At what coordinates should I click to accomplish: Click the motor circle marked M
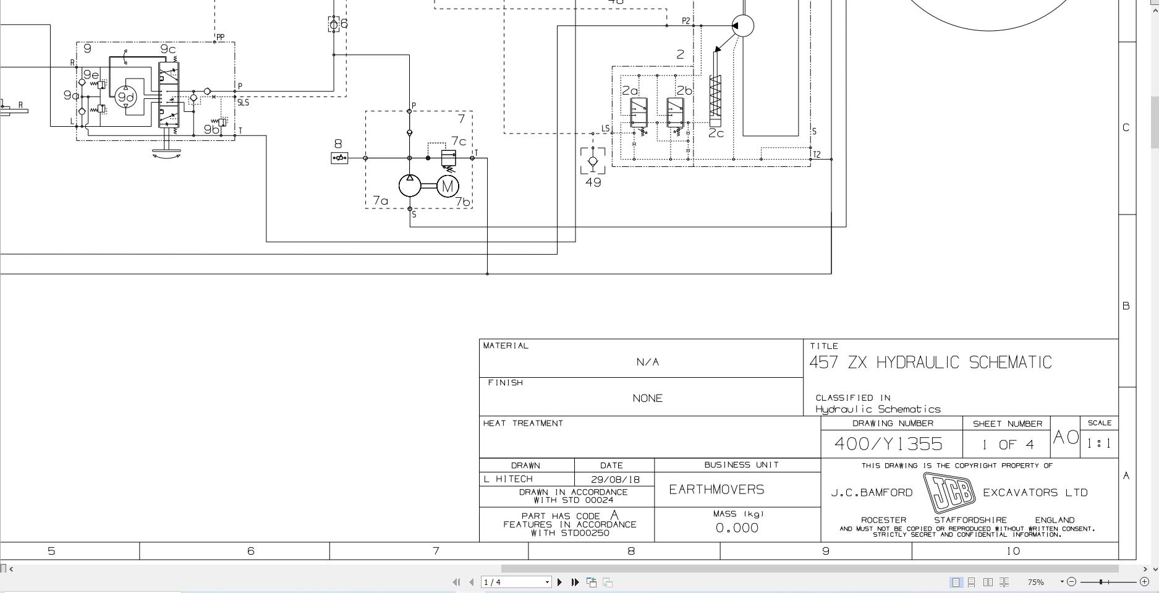(x=448, y=186)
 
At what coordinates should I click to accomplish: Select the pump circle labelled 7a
(x=409, y=186)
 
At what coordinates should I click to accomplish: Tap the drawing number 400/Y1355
(x=888, y=443)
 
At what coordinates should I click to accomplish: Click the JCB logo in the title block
(x=948, y=492)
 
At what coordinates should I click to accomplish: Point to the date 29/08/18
(x=614, y=479)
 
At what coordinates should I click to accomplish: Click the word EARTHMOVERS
(x=716, y=490)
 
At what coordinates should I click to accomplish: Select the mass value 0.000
(x=737, y=528)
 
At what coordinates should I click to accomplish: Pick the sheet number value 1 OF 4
(x=1007, y=445)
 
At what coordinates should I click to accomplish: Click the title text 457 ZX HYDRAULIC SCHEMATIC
(x=930, y=362)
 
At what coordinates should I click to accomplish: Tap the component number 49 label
(x=593, y=182)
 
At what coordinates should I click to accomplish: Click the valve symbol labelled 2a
(x=639, y=113)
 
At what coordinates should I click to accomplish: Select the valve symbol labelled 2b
(x=675, y=113)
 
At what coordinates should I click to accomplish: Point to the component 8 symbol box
(x=339, y=158)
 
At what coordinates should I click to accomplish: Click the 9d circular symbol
(x=125, y=97)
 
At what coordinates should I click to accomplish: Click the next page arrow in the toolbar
(x=559, y=582)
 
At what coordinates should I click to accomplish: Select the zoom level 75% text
(x=1035, y=582)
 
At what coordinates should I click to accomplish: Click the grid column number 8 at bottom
(x=630, y=551)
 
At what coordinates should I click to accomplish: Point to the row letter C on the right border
(x=1126, y=127)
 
